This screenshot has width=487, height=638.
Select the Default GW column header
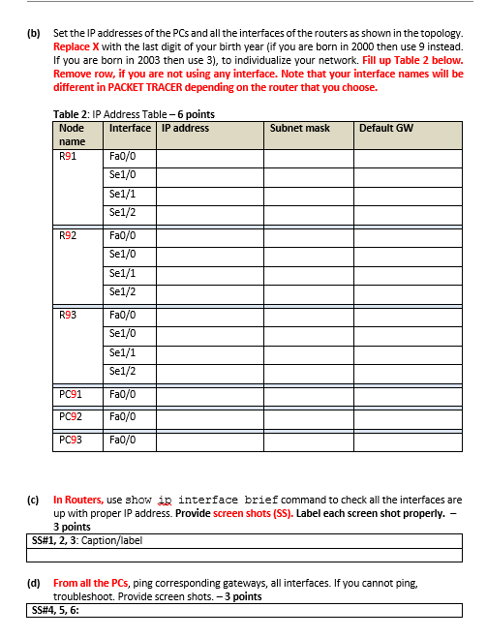pyautogui.click(x=386, y=128)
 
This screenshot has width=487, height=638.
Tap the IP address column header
pyautogui.click(x=185, y=128)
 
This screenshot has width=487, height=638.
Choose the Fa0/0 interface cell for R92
pyautogui.click(x=123, y=235)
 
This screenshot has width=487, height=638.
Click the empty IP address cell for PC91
pyautogui.click(x=210, y=394)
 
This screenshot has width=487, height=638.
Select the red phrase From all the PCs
pyautogui.click(x=92, y=584)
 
